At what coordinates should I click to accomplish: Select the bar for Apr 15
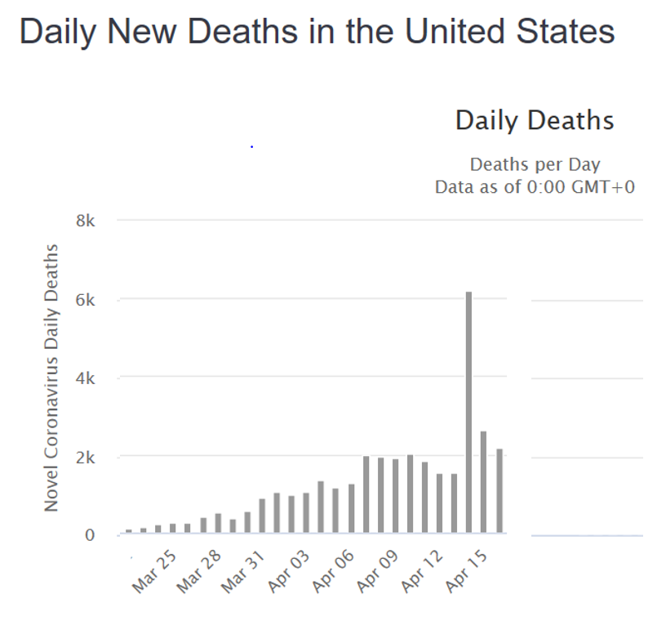(x=483, y=482)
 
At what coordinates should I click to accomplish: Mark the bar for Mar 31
(x=262, y=516)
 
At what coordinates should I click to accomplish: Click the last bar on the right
(x=498, y=491)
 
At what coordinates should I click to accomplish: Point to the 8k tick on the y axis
(x=86, y=221)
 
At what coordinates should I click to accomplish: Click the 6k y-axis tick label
(x=86, y=300)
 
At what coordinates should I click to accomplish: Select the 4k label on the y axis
(x=86, y=378)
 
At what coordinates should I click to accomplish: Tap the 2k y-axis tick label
(x=86, y=457)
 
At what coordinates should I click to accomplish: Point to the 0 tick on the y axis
(x=90, y=535)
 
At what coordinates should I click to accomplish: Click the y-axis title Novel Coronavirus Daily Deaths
(x=52, y=378)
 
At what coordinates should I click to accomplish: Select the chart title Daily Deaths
(x=535, y=121)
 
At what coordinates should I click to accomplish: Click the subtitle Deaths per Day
(x=535, y=165)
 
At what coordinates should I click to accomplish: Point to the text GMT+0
(x=602, y=187)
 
